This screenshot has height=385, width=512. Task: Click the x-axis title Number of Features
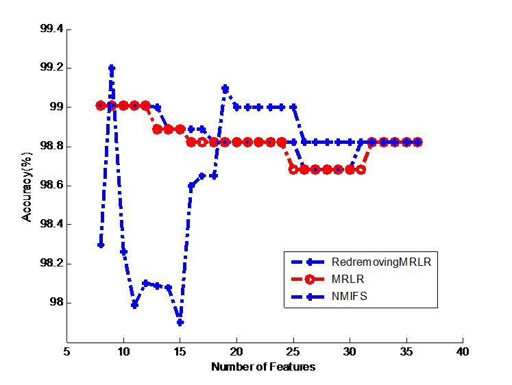pyautogui.click(x=264, y=367)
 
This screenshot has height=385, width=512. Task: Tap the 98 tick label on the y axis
pyautogui.click(x=57, y=303)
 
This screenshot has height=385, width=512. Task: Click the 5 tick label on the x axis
pyautogui.click(x=66, y=351)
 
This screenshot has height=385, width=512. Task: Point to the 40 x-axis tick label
pyautogui.click(x=463, y=351)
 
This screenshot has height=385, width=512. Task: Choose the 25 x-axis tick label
pyautogui.click(x=293, y=351)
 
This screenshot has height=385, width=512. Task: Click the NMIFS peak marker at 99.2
pyautogui.click(x=112, y=68)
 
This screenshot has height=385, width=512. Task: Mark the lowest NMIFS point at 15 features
pyautogui.click(x=180, y=322)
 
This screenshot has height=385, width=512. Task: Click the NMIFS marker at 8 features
pyautogui.click(x=101, y=244)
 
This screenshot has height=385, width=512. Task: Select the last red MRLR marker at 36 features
pyautogui.click(x=417, y=142)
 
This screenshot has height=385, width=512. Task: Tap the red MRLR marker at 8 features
pyautogui.click(x=101, y=105)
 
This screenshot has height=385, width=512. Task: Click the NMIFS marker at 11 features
pyautogui.click(x=134, y=305)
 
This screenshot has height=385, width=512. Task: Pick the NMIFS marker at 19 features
pyautogui.click(x=225, y=88)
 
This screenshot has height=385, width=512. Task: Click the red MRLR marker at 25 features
pyautogui.click(x=293, y=169)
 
